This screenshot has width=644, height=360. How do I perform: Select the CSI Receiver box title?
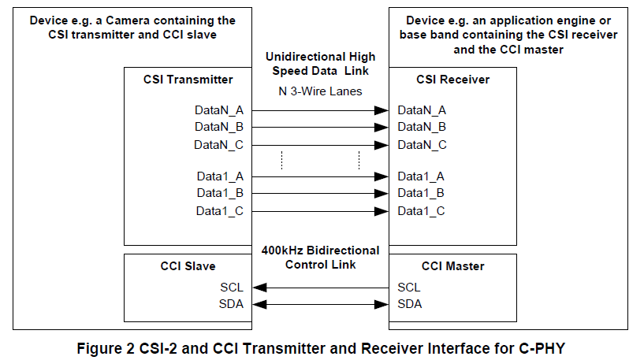[x=452, y=80]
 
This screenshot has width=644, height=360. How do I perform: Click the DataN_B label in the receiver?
[x=422, y=127]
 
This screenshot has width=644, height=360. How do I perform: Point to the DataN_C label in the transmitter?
[x=219, y=144]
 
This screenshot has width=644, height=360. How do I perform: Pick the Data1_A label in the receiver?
[x=421, y=176]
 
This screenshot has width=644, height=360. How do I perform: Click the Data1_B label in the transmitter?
[x=220, y=193]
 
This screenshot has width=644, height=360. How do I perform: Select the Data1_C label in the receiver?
[x=421, y=210]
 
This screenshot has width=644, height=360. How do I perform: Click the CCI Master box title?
[x=452, y=266]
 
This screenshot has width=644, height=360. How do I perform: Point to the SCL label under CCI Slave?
[x=232, y=288]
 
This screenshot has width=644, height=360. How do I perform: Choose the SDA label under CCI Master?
[x=410, y=304]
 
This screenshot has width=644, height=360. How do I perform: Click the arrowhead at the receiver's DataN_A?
[x=385, y=110]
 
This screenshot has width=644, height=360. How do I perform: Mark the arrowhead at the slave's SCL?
[x=259, y=288]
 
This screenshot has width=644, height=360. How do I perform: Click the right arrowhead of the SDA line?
[x=385, y=304]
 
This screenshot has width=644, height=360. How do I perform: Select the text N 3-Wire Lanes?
[x=320, y=91]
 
